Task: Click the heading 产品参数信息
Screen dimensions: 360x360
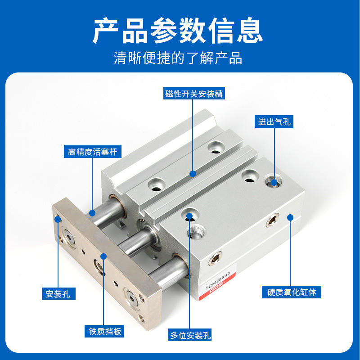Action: click(178, 31)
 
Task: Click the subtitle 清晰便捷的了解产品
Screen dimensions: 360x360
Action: click(178, 58)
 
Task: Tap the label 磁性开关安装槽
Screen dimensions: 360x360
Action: click(194, 93)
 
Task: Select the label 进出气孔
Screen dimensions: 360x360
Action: click(274, 121)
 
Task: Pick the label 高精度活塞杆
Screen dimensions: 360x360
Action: click(93, 152)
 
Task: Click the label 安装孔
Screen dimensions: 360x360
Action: click(58, 294)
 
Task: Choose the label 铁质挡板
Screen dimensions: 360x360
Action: click(104, 331)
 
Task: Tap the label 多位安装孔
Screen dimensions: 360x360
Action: click(189, 335)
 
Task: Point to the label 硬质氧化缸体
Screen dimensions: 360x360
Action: click(292, 292)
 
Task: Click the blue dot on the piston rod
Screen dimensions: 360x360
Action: click(92, 213)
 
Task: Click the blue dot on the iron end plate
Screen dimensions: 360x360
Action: click(104, 256)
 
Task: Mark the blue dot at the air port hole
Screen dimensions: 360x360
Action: click(274, 183)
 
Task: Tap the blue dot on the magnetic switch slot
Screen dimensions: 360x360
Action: click(193, 174)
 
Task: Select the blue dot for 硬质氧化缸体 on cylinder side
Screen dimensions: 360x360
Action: click(290, 217)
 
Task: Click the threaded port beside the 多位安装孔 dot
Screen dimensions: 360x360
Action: click(196, 231)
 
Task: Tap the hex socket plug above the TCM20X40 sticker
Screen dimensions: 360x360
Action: click(216, 258)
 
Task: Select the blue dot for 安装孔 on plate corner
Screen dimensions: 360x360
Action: click(58, 219)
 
